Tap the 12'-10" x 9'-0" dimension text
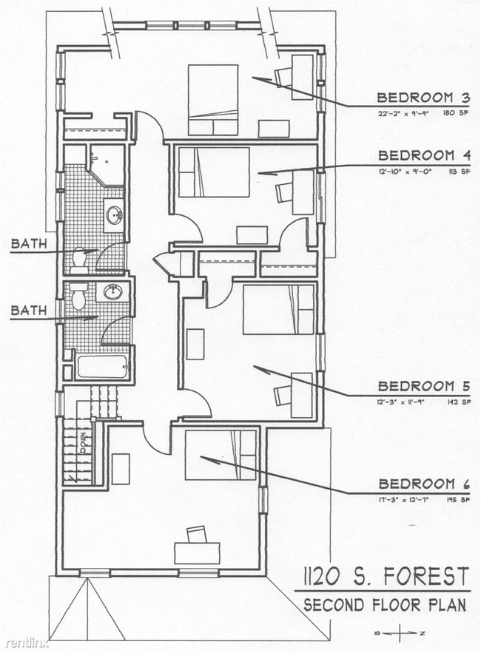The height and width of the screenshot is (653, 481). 405,172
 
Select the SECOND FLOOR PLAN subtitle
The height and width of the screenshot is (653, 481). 385,604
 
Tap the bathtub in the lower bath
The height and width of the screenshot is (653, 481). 102,367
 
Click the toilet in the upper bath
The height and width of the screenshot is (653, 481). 80,258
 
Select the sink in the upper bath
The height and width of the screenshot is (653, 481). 114,215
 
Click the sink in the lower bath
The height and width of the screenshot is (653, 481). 112,293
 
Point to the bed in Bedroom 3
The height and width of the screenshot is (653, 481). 212,100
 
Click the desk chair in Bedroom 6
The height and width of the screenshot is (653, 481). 196,533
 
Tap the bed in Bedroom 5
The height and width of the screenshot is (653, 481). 278,309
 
